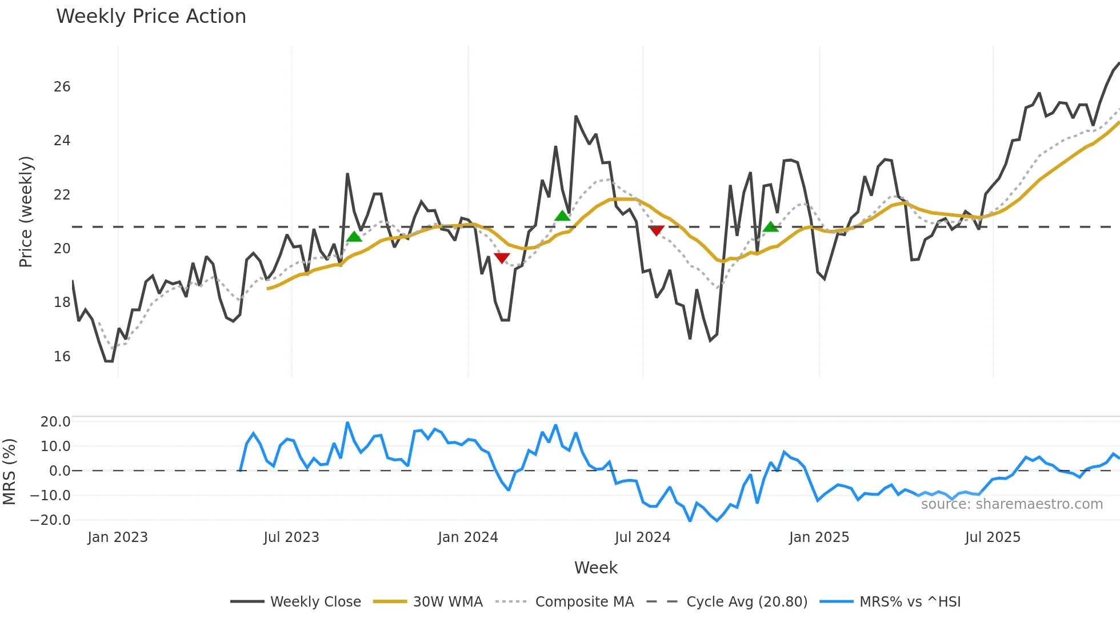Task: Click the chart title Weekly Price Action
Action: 151,17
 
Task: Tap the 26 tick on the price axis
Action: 62,87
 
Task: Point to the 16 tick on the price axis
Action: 62,357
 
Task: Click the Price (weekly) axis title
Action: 26,212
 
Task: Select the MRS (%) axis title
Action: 9,471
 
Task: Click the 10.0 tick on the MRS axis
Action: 55,446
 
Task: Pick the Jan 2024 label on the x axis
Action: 468,537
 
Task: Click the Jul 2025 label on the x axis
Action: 993,537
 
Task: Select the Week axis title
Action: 595,568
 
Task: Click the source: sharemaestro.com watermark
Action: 1011,504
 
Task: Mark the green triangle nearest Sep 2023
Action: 354,237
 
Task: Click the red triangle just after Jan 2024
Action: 502,258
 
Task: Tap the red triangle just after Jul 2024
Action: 657,230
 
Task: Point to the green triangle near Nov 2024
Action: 770,228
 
